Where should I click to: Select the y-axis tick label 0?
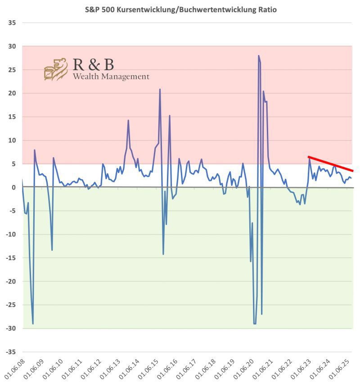click(x=13, y=187)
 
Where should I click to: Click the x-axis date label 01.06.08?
click(x=13, y=369)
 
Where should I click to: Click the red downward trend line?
click(x=331, y=164)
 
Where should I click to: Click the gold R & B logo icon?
click(x=55, y=69)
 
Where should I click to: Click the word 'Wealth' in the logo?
click(x=84, y=77)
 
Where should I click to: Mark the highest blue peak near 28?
click(x=259, y=56)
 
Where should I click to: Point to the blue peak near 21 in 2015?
click(x=160, y=90)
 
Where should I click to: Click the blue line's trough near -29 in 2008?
click(x=33, y=323)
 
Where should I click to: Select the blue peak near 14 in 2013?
click(x=128, y=121)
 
